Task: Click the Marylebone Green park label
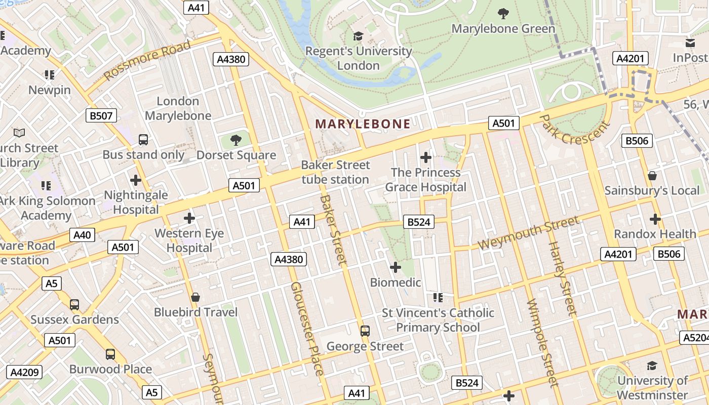pyautogui.click(x=503, y=29)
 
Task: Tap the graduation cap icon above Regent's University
pyautogui.click(x=359, y=36)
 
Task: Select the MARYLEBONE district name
pyautogui.click(x=363, y=124)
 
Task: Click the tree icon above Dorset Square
pyautogui.click(x=235, y=140)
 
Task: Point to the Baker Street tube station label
pyautogui.click(x=335, y=172)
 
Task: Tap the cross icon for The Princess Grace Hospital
pyautogui.click(x=426, y=157)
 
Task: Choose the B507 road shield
pyautogui.click(x=101, y=116)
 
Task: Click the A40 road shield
pyautogui.click(x=82, y=235)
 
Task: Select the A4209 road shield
pyautogui.click(x=24, y=373)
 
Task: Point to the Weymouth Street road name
pyautogui.click(x=528, y=233)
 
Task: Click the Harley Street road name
pyautogui.click(x=562, y=279)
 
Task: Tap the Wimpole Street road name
pyautogui.click(x=542, y=343)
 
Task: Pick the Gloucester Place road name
pyautogui.click(x=306, y=329)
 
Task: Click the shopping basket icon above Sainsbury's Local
pyautogui.click(x=652, y=176)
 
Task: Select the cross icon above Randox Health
pyautogui.click(x=655, y=219)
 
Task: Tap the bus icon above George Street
pyautogui.click(x=365, y=331)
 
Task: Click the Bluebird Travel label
pyautogui.click(x=195, y=312)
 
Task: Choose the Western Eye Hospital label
pyautogui.click(x=189, y=240)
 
